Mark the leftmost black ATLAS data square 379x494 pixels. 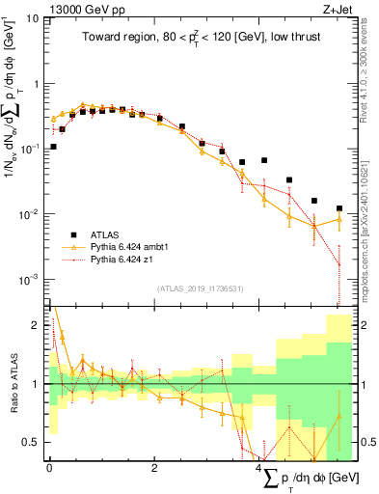[53, 148]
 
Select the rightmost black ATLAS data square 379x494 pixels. [338, 208]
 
